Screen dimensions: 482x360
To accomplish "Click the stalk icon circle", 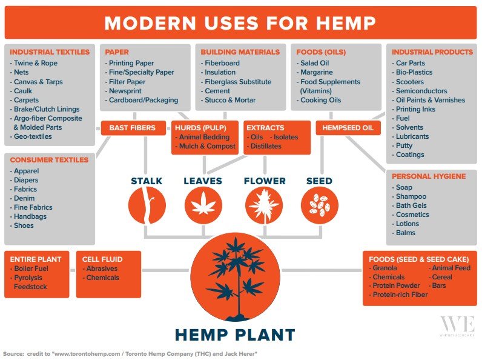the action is (147, 205).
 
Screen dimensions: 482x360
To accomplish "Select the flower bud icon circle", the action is (264, 205).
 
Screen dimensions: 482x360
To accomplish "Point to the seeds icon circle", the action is (319, 205).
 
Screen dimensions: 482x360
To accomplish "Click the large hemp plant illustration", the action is (235, 277).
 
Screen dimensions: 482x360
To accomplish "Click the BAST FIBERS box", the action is (133, 128).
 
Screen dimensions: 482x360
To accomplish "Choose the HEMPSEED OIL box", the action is (348, 128).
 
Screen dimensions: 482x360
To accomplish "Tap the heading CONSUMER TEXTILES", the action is (49, 160).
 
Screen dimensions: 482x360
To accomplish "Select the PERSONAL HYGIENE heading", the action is (429, 176).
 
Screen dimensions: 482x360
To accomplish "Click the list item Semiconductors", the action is (421, 91).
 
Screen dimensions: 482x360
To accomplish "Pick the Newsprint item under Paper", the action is (125, 91).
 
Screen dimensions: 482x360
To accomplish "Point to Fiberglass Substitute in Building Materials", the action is (238, 82).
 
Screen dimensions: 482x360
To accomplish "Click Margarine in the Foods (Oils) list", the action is (316, 72).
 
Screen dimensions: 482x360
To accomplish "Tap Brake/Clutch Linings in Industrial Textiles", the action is (47, 109).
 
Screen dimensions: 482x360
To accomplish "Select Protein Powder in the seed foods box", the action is (396, 285).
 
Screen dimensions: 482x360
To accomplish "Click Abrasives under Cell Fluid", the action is (102, 268).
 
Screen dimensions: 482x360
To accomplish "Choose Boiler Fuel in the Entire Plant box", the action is (31, 268).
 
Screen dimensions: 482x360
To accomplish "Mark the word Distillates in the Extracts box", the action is (266, 146).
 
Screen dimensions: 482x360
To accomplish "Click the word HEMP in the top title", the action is (346, 23).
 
